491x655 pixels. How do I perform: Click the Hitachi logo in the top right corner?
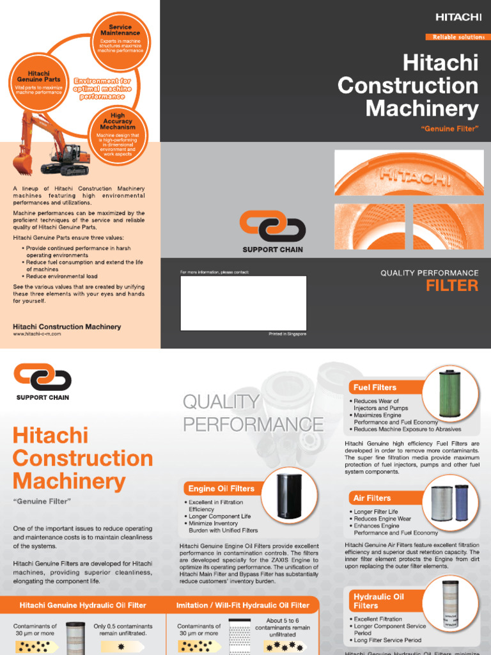point(458,17)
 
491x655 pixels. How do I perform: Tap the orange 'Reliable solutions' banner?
point(455,37)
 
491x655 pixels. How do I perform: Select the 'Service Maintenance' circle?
point(120,38)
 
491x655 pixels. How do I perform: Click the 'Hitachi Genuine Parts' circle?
point(39,84)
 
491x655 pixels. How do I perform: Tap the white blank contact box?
point(243,303)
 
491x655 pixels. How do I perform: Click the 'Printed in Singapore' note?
point(287,334)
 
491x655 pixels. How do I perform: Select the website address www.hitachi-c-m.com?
point(37,334)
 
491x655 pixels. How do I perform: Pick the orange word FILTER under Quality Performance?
point(452,285)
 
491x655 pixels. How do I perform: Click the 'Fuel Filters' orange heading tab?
point(375,387)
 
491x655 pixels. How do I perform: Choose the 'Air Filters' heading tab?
point(371,498)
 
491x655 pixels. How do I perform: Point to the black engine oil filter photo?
point(286,497)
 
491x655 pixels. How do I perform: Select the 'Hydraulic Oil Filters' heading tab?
point(378,601)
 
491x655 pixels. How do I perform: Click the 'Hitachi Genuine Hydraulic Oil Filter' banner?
point(82,605)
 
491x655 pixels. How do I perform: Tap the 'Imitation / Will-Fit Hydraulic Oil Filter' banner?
point(242,605)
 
